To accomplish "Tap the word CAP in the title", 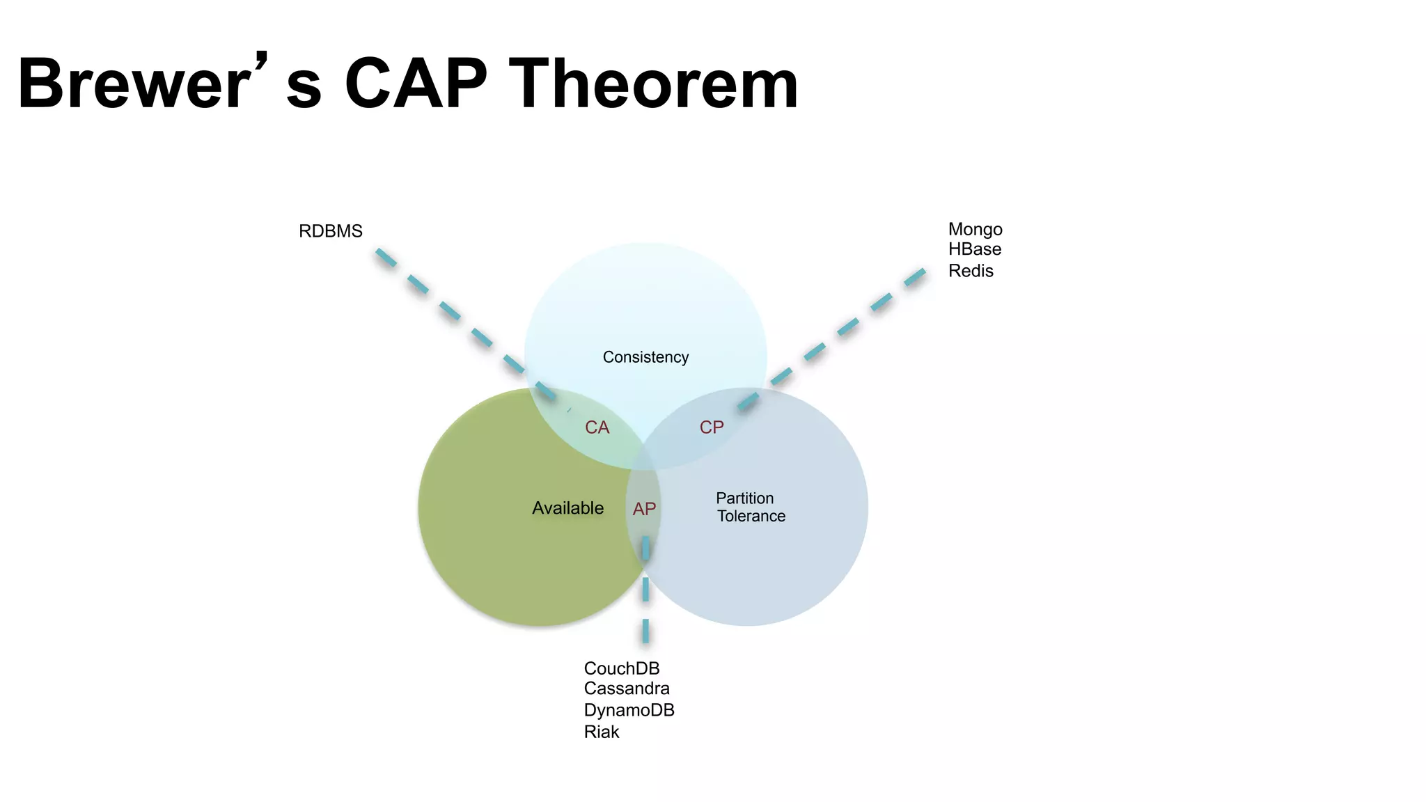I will tap(416, 84).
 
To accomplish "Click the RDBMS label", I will tap(330, 231).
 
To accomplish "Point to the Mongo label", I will tap(975, 229).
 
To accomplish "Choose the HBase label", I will tap(974, 249).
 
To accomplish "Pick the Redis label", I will tap(970, 271).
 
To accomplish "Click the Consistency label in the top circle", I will tap(645, 357).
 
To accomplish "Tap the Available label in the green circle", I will tap(567, 508).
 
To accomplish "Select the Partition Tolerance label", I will tap(749, 507).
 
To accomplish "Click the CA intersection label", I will tap(597, 427).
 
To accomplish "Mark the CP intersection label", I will tap(712, 427).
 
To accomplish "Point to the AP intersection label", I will tap(644, 509).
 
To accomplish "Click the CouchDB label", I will tap(621, 668).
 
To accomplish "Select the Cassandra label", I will tap(626, 689).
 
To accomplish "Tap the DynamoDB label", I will tap(629, 710).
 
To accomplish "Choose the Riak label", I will tap(601, 732).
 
